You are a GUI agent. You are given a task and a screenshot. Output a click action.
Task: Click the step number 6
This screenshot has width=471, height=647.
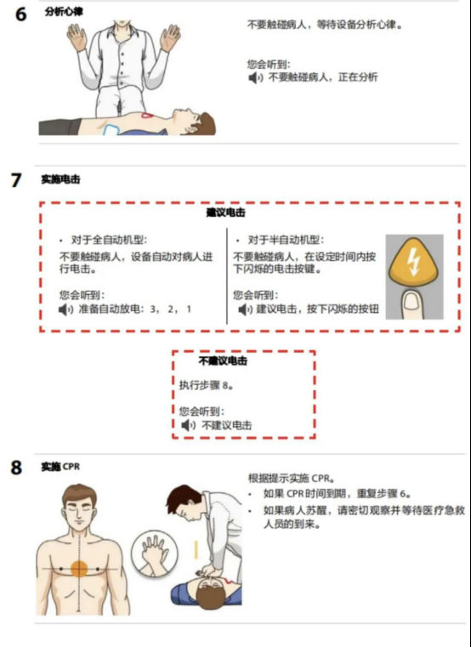click(x=21, y=14)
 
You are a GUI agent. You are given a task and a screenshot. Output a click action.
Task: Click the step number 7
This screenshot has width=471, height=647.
click(x=16, y=180)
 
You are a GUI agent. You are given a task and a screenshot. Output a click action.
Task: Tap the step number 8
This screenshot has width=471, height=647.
click(x=16, y=468)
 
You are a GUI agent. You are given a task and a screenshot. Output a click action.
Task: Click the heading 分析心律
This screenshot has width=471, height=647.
click(x=64, y=11)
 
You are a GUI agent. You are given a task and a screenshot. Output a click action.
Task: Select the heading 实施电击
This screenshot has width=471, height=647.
click(x=60, y=179)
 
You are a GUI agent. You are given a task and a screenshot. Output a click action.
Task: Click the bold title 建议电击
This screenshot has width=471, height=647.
click(x=226, y=213)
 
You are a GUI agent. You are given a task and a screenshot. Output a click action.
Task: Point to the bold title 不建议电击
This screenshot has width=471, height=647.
click(x=223, y=360)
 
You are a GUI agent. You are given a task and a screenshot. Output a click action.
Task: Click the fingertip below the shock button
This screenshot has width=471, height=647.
click(x=413, y=304)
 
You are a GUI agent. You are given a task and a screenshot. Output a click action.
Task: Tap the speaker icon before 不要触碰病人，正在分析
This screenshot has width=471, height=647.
click(x=255, y=77)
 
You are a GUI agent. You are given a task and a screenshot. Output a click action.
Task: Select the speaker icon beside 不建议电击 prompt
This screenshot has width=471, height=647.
click(x=188, y=425)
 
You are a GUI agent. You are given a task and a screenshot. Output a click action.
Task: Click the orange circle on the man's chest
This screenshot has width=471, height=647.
click(x=79, y=569)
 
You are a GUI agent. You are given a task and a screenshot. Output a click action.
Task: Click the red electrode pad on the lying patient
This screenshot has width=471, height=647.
click(x=147, y=116)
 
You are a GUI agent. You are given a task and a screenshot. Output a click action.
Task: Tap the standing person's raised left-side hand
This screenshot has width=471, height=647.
click(x=77, y=37)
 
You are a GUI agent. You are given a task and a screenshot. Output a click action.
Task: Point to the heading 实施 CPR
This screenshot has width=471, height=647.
click(x=60, y=467)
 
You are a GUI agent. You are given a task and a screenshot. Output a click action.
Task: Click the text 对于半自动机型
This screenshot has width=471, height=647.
click(x=285, y=240)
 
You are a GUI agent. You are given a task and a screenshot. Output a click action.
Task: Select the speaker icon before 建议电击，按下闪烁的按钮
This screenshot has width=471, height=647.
click(x=245, y=309)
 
